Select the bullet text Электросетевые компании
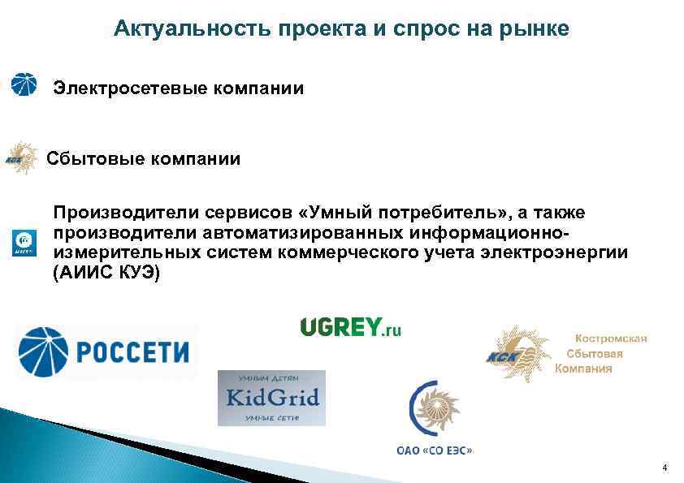pyautogui.click(x=179, y=88)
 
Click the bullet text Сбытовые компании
pyautogui.click(x=144, y=158)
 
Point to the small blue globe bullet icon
pyautogui.click(x=24, y=84)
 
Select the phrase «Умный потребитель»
pyautogui.click(x=400, y=213)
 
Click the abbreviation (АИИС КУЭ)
pyautogui.click(x=107, y=273)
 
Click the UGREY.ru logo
pyautogui.click(x=351, y=327)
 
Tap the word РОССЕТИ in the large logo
pyautogui.click(x=132, y=351)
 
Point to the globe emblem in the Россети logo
pyautogui.click(x=45, y=351)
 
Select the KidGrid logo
pyautogui.click(x=271, y=398)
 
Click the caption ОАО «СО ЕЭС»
pyautogui.click(x=435, y=450)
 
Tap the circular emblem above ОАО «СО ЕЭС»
pyautogui.click(x=436, y=411)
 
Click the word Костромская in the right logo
pyautogui.click(x=611, y=339)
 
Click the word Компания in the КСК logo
pyautogui.click(x=584, y=369)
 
